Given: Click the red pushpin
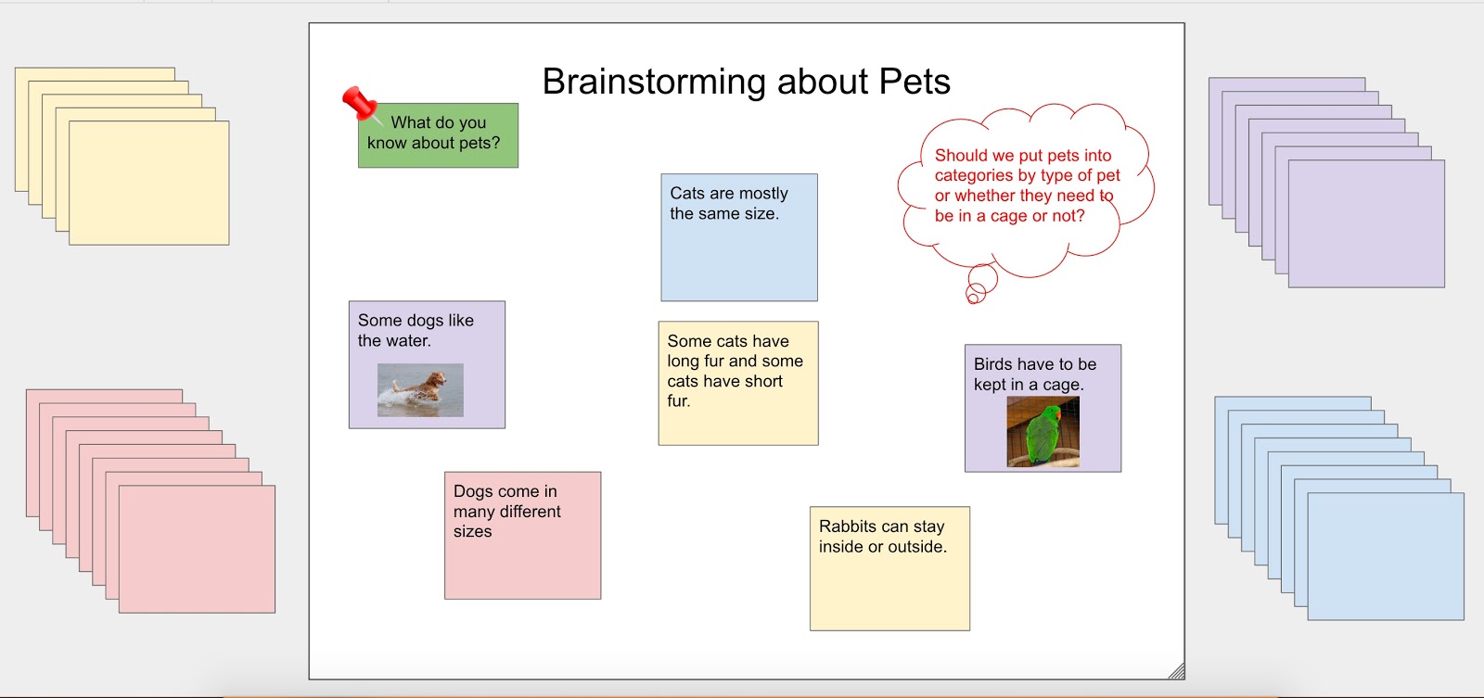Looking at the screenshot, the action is [x=361, y=105].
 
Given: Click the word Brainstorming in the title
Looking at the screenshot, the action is [x=654, y=82].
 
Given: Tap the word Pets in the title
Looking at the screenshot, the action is [x=915, y=82].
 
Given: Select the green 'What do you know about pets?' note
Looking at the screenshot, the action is [x=438, y=135].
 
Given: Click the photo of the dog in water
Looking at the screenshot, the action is [x=420, y=390].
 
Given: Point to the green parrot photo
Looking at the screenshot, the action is [x=1043, y=432].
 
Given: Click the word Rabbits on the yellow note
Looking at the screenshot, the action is [x=849, y=527].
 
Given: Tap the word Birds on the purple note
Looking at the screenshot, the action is [x=993, y=364].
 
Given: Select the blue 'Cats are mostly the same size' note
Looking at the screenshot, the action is [x=738, y=237].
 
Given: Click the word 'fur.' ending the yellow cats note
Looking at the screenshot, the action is [x=678, y=400].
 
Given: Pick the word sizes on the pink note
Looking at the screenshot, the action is [x=472, y=531].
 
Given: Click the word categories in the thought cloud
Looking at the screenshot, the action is [x=975, y=175].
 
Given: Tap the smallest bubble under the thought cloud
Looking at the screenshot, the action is [x=973, y=298].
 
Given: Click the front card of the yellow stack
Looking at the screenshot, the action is [x=149, y=183].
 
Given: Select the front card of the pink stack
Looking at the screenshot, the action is [x=197, y=549].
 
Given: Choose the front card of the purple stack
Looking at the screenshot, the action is [x=1366, y=223].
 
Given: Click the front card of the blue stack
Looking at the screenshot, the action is [x=1386, y=556].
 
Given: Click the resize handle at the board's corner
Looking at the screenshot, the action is [x=1177, y=671].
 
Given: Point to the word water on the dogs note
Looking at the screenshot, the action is [x=408, y=341].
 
